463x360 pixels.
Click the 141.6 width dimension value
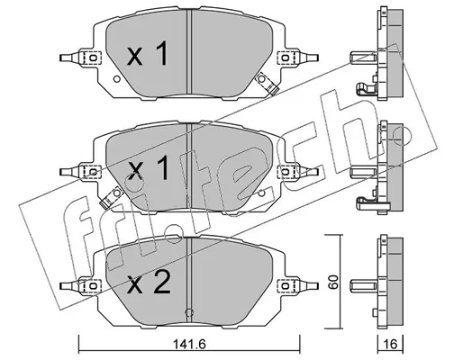(190, 344)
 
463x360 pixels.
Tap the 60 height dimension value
(333, 282)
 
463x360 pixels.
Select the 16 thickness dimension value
(390, 344)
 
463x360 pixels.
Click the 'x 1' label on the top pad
(147, 53)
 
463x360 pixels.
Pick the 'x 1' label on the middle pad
(147, 168)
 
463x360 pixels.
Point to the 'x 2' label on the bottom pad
(149, 282)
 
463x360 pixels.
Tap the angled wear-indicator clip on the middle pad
(110, 197)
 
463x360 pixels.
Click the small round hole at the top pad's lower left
(117, 79)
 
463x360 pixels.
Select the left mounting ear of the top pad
(80, 57)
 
